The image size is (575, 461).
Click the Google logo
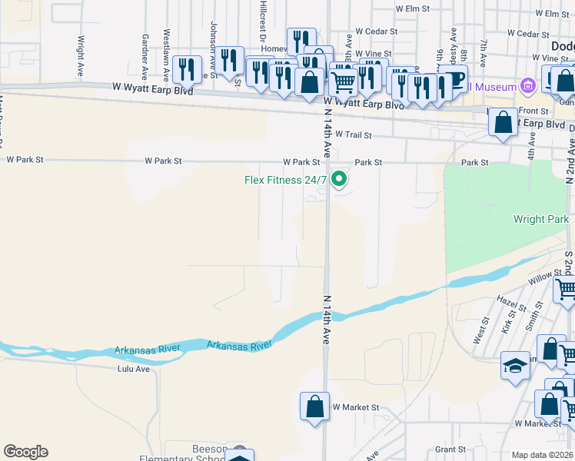[25, 452]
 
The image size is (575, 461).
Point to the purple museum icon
[527, 85]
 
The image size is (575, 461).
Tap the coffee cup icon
[455, 78]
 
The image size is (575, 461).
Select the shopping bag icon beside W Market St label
[314, 406]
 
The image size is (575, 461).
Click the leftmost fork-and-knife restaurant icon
[187, 70]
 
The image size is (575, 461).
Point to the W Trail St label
[353, 134]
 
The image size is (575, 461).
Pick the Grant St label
[450, 449]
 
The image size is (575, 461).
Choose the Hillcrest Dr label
[263, 23]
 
